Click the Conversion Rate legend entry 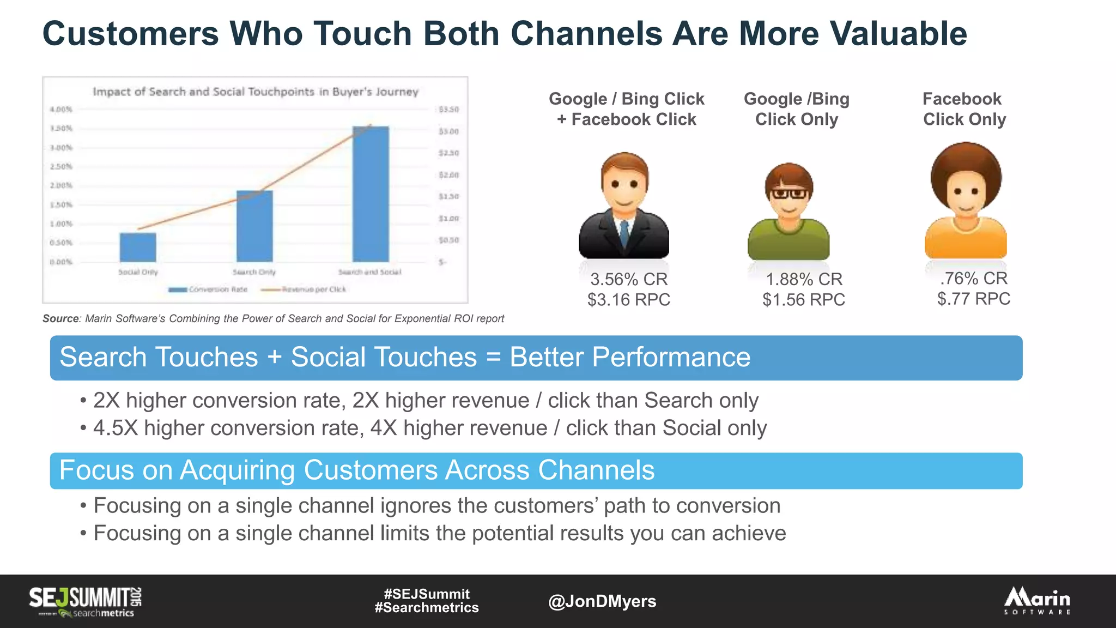[x=208, y=289]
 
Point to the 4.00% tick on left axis [x=61, y=110]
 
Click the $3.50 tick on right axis [x=448, y=110]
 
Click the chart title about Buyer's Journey [x=256, y=92]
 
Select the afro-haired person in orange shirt [x=965, y=202]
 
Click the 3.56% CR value [x=629, y=279]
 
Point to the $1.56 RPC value [x=804, y=299]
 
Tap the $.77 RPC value [x=973, y=299]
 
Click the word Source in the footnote [x=61, y=318]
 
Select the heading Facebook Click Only [x=963, y=109]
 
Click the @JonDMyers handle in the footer [x=602, y=601]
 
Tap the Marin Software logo [x=1037, y=601]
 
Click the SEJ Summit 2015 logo [x=86, y=601]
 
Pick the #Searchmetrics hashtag [x=427, y=608]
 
